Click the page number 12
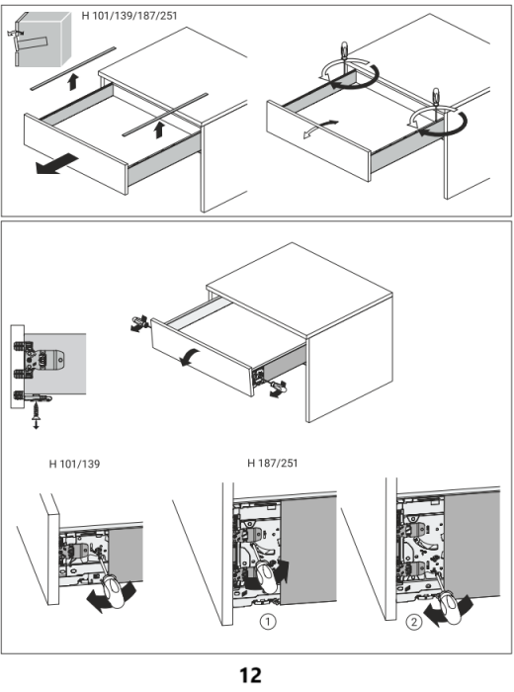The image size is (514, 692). coord(250,675)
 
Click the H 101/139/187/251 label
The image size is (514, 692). coord(129,16)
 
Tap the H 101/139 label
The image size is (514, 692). coord(74,464)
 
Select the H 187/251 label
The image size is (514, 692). coord(272,463)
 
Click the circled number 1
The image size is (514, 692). coord(268,622)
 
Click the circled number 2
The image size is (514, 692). coord(413,622)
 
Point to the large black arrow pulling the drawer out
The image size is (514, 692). coord(56,164)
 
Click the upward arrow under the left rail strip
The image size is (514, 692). coord(73,82)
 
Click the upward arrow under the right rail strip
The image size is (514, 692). coord(159,130)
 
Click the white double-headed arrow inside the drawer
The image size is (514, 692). coord(320,128)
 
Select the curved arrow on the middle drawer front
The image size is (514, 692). coord(190,356)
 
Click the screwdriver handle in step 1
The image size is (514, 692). coord(268,577)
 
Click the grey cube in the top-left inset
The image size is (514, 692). coord(43,39)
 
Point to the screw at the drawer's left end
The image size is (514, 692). coord(138,323)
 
